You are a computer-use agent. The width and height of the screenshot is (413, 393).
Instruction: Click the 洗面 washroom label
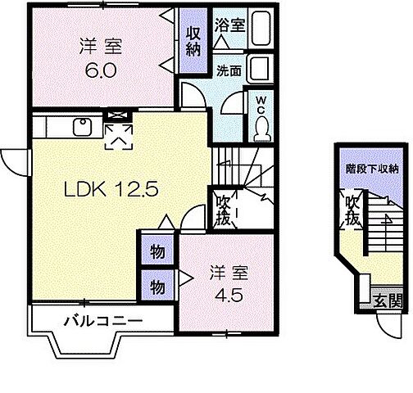[x=229, y=71]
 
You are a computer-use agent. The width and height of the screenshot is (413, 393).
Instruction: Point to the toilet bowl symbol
[x=262, y=127]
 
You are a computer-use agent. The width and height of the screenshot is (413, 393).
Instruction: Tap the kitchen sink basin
[x=82, y=127]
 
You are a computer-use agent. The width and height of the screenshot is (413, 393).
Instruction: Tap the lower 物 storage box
[x=157, y=287]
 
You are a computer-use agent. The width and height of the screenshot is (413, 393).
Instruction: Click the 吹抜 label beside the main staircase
[x=223, y=210]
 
